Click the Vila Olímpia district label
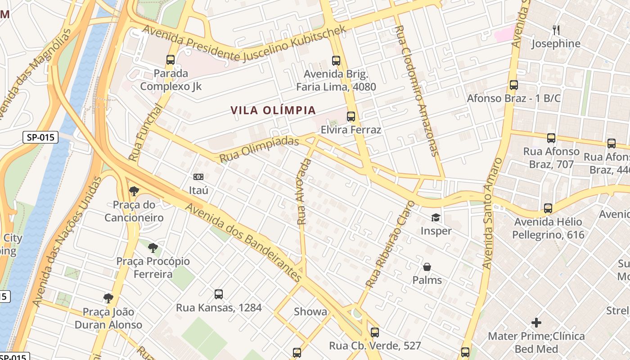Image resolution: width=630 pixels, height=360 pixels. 273,110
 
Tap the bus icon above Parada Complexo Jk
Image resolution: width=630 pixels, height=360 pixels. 171,59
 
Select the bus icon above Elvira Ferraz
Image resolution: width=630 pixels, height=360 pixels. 351,117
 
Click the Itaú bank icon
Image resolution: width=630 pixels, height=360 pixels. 198,177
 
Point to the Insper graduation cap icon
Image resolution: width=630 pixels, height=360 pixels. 436,218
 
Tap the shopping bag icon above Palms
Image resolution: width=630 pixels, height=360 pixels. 427,267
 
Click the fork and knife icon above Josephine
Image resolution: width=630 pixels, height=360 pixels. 556,30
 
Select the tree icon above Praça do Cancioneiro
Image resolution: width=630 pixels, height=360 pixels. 134,191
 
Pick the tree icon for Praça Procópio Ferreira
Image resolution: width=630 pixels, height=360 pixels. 153,247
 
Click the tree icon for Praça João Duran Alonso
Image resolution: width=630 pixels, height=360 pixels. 108,298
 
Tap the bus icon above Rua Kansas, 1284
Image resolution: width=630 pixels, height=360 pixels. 219,294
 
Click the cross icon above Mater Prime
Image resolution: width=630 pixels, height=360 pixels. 536,323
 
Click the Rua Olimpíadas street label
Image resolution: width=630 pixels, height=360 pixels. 259,149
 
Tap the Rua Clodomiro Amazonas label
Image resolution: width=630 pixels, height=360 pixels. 416,90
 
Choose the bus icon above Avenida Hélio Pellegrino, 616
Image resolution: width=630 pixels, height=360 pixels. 548,208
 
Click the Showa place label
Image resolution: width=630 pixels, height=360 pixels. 310,312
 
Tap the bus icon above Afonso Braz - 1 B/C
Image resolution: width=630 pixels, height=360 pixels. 513,85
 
